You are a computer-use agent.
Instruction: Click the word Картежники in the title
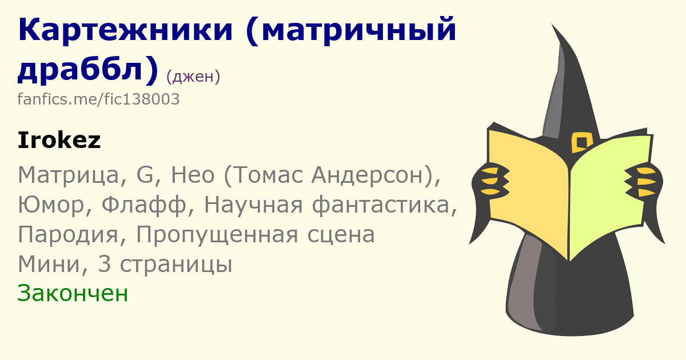(x=126, y=30)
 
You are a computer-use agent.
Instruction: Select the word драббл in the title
(x=81, y=69)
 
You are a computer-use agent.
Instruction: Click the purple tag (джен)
(x=193, y=77)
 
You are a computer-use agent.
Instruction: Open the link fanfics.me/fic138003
(x=98, y=99)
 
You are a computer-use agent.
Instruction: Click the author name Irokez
(x=59, y=140)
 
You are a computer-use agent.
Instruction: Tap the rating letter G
(x=145, y=175)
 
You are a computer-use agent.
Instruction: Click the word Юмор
(x=51, y=205)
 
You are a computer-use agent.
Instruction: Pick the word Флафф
(x=143, y=205)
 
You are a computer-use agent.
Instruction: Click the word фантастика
(x=381, y=205)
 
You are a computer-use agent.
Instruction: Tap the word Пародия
(x=68, y=235)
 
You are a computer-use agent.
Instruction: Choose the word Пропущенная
(x=217, y=235)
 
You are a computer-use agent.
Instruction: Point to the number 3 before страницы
(x=104, y=264)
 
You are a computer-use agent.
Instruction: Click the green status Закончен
(x=73, y=293)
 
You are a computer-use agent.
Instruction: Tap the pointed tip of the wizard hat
(x=552, y=24)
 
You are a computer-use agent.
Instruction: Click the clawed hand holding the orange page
(x=490, y=181)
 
